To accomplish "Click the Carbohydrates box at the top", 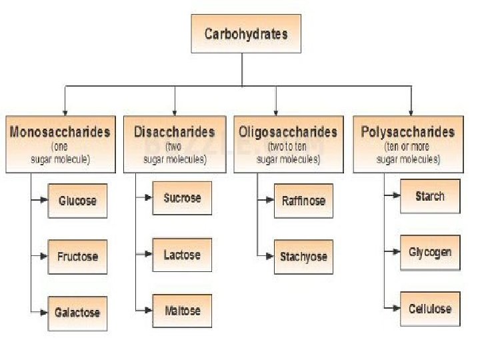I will pyautogui.click(x=245, y=33).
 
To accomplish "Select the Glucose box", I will pyautogui.click(x=77, y=200).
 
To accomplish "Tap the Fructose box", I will pyautogui.click(x=77, y=256).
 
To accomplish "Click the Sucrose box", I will pyautogui.click(x=182, y=197).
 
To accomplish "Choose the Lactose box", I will pyautogui.click(x=182, y=254).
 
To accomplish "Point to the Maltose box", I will pyautogui.click(x=182, y=310).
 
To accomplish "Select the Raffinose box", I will pyautogui.click(x=303, y=200).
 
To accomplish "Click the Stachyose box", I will pyautogui.click(x=303, y=256).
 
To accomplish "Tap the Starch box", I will pyautogui.click(x=429, y=196).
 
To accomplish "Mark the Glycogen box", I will pyautogui.click(x=429, y=252).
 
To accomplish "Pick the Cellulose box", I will pyautogui.click(x=429, y=309).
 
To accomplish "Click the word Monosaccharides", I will pyautogui.click(x=60, y=131).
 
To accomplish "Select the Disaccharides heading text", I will pyautogui.click(x=175, y=131).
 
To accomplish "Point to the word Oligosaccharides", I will pyautogui.click(x=288, y=131).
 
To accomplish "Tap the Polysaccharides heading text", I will pyautogui.click(x=408, y=131).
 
